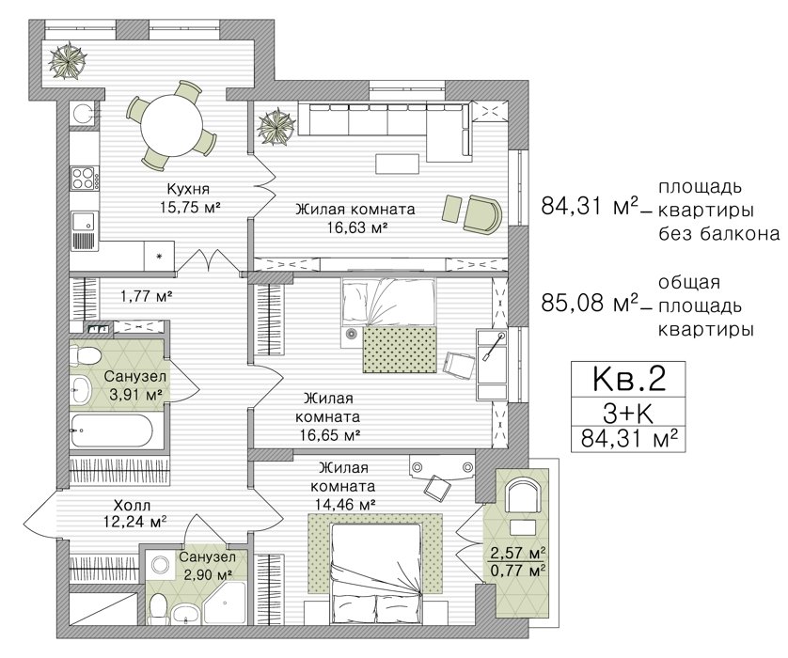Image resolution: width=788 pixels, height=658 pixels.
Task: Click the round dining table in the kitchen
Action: [171, 126]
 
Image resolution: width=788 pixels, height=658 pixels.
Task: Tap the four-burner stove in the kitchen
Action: [84, 179]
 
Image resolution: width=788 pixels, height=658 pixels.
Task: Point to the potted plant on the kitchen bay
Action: [68, 61]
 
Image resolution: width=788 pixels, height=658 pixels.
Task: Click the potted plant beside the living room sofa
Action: [275, 127]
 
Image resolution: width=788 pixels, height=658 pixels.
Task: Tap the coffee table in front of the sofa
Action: [397, 164]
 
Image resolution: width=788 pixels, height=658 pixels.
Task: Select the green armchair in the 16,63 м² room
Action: [482, 213]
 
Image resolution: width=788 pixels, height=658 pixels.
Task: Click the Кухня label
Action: [188, 189]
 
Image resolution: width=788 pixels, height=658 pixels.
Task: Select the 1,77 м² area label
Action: [147, 296]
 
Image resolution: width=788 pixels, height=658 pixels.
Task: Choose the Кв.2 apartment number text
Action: [629, 379]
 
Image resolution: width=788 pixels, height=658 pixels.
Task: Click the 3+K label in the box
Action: [628, 414]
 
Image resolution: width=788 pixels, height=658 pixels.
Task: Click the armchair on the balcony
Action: [523, 494]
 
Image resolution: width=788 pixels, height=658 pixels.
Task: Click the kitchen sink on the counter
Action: [84, 222]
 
